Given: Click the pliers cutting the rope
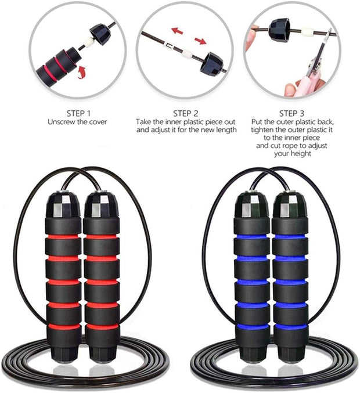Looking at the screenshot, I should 316,64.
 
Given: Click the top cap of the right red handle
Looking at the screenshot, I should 100,203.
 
